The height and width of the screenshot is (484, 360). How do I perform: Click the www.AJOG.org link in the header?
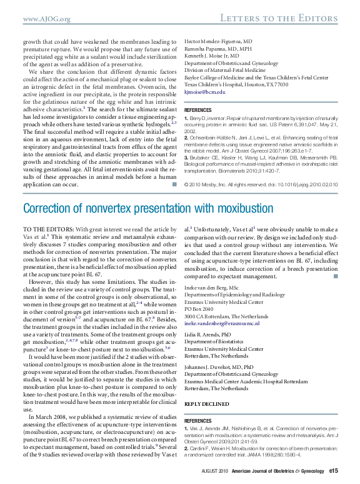tap(46, 20)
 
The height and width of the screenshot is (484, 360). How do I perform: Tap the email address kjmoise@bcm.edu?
tap(204, 92)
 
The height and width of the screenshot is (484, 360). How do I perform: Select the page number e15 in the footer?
tap(334, 471)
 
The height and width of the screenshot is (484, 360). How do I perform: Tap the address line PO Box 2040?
tap(202, 308)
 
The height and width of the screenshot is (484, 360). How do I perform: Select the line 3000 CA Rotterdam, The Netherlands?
tap(231, 316)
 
